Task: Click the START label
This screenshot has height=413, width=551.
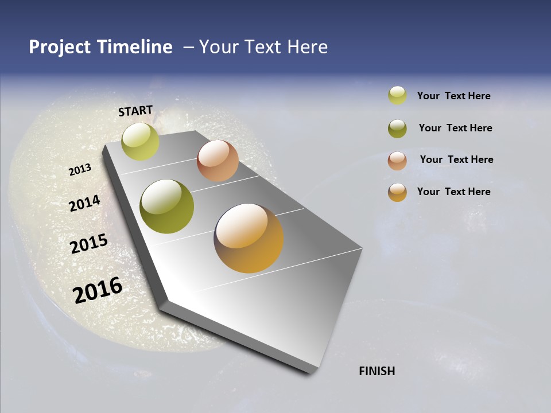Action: pos(135,111)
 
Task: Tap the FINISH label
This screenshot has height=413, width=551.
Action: pos(377,371)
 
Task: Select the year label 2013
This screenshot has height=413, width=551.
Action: pos(80,170)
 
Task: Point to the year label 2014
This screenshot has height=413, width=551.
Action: pos(84,203)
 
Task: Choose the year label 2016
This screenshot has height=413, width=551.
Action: pos(98,290)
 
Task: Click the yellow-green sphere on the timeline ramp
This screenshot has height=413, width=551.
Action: pos(140,141)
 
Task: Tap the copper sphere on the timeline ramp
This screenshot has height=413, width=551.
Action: pos(218,161)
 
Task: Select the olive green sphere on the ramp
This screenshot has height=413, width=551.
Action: pos(167,206)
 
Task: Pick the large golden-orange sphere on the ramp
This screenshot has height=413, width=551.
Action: pos(249,238)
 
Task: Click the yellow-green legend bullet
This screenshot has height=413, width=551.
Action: pos(397,95)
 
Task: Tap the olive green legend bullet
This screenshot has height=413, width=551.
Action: pos(397,128)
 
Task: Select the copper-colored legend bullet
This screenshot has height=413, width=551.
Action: pos(397,161)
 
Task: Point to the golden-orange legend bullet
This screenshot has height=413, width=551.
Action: pos(397,192)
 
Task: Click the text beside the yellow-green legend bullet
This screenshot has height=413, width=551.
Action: pos(453,96)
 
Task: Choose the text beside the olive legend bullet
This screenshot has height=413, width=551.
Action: pos(455,128)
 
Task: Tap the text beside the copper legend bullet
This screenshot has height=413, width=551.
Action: pos(456,159)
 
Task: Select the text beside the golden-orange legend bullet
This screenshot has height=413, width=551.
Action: pos(453,192)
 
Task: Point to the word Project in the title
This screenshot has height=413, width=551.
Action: pos(60,47)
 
